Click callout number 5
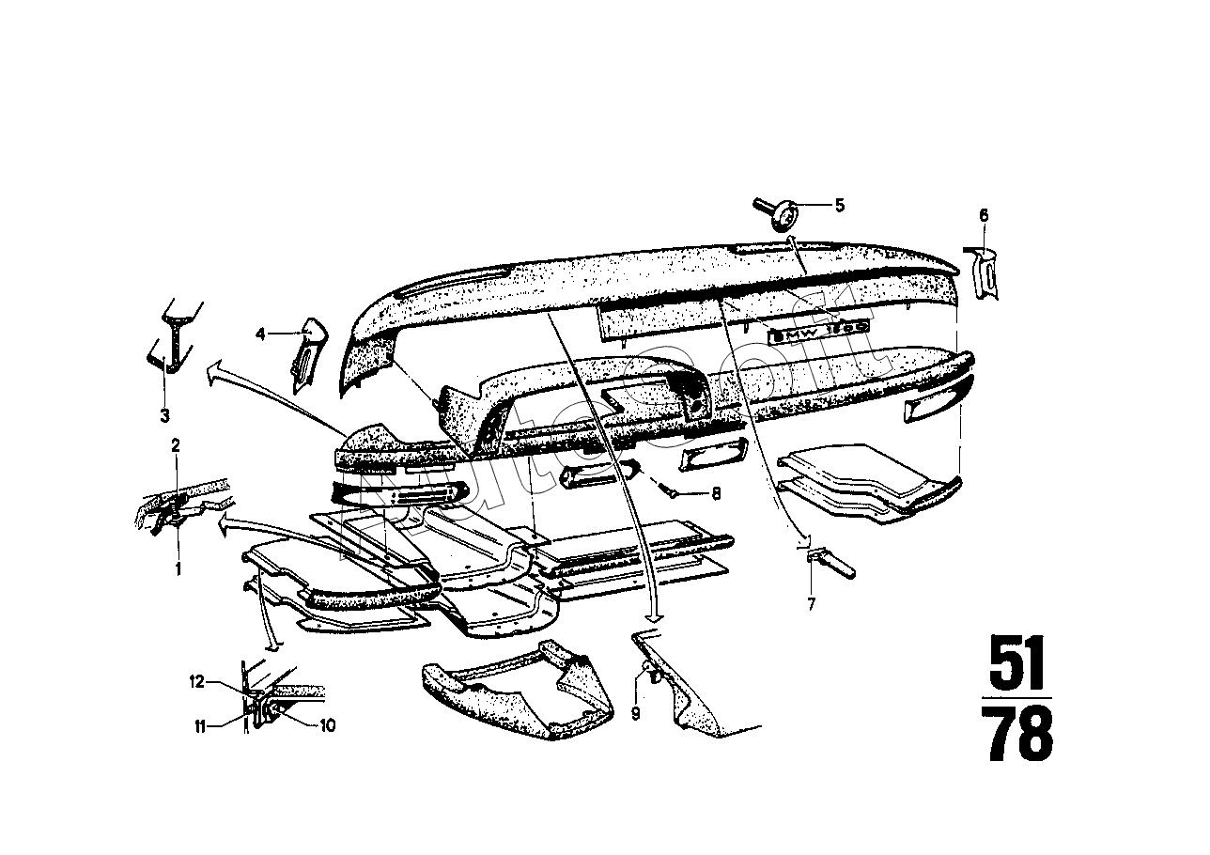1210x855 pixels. point(839,204)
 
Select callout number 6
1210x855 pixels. point(983,215)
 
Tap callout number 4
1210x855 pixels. point(262,333)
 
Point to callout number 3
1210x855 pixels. point(163,414)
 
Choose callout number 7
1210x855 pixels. point(812,604)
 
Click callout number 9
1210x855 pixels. point(635,713)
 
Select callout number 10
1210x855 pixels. point(328,724)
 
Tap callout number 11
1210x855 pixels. point(200,723)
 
